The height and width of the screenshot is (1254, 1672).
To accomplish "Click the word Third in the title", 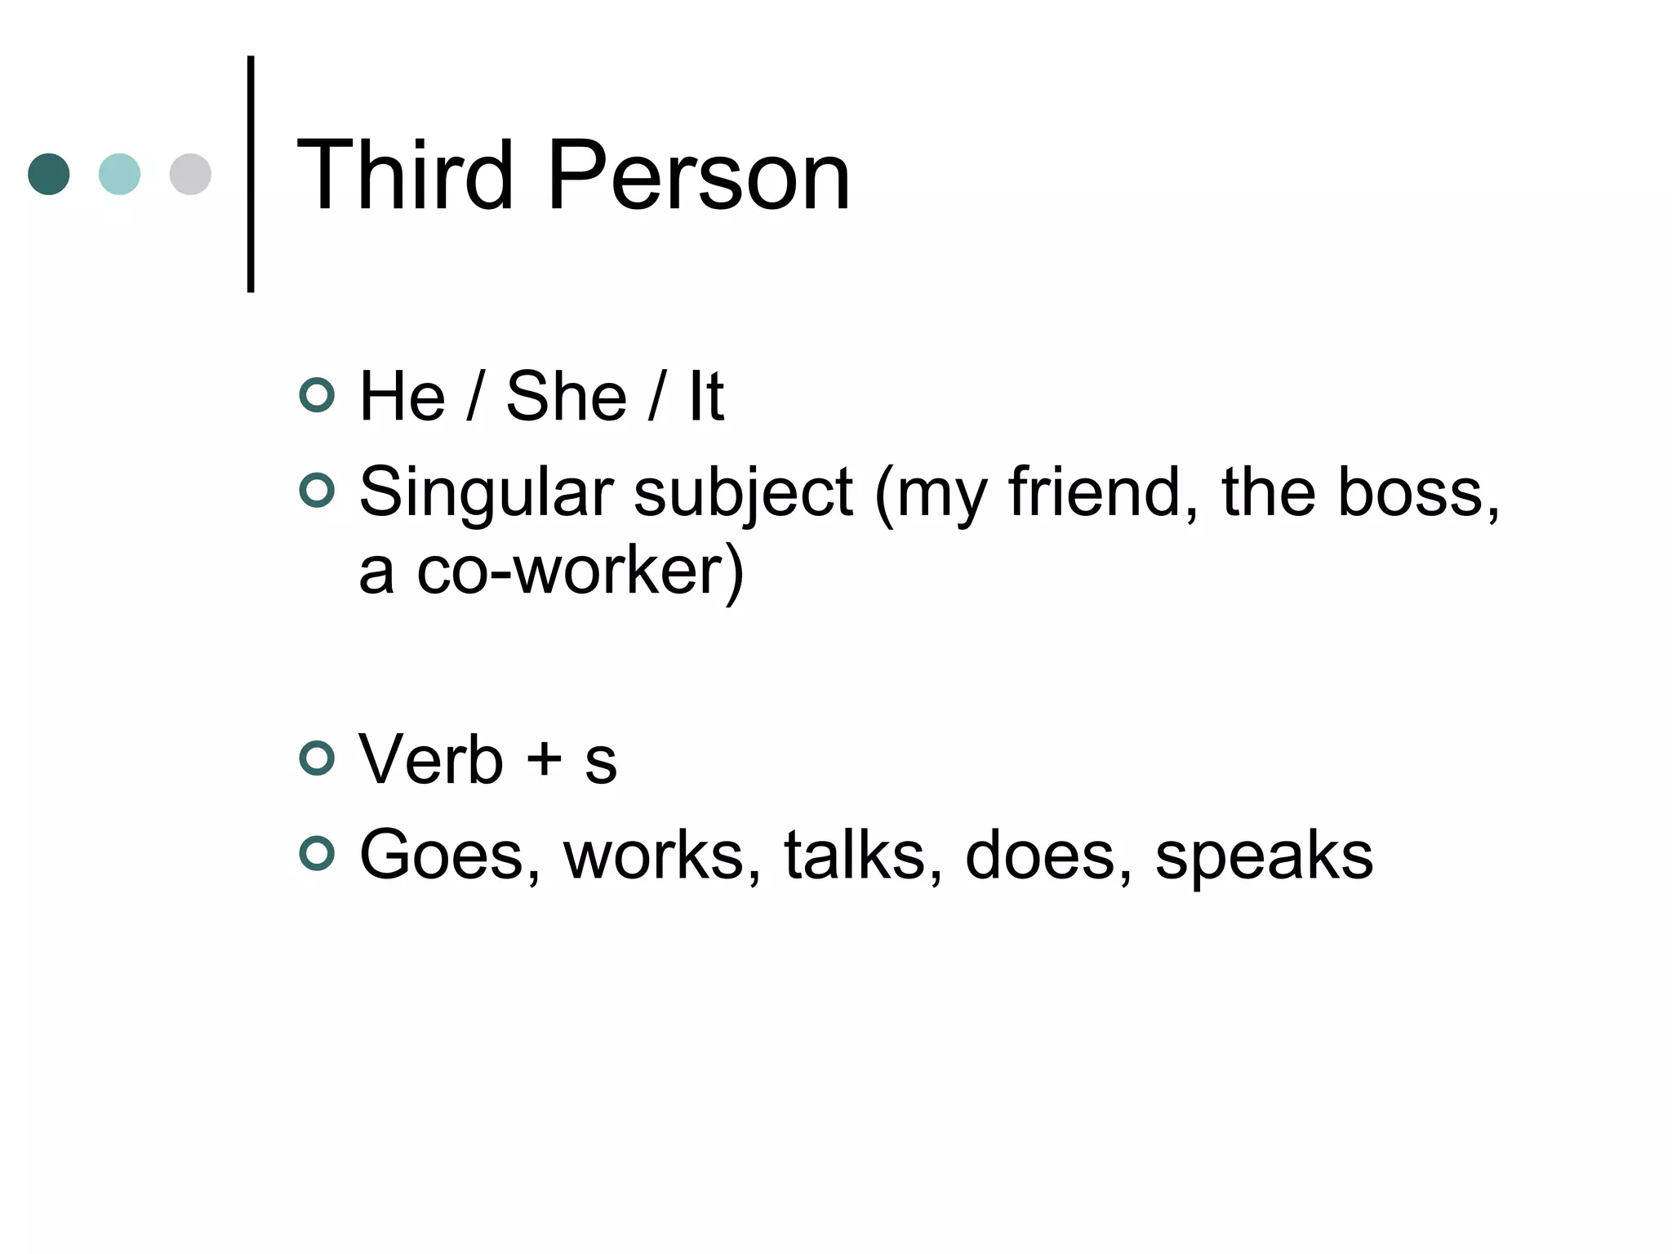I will tap(405, 175).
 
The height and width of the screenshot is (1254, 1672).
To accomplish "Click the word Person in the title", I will tap(699, 175).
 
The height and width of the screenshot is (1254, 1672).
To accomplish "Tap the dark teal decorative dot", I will tap(49, 174).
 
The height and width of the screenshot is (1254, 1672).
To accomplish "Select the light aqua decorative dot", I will tap(119, 174).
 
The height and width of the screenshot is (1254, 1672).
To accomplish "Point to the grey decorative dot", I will tap(190, 174).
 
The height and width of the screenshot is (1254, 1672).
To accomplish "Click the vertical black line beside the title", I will tap(251, 173).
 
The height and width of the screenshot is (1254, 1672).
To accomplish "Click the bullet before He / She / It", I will tap(317, 395).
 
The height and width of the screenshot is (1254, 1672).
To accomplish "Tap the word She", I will tap(567, 397).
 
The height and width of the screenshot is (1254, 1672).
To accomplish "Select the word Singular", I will tap(486, 493).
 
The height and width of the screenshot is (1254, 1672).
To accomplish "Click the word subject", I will tap(743, 493).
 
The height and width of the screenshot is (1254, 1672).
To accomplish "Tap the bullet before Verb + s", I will tap(317, 758).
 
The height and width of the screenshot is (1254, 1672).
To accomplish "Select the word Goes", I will tap(450, 855).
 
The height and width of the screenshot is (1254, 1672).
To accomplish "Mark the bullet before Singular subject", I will tap(317, 491).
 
